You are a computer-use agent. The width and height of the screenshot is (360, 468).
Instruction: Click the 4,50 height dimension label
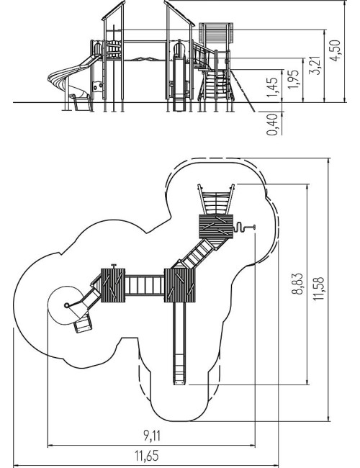click(336, 50)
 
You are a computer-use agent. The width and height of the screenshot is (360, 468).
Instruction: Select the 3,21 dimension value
click(315, 65)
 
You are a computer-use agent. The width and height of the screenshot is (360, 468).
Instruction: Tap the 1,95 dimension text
click(293, 79)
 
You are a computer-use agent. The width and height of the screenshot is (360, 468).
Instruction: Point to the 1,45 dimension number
click(272, 87)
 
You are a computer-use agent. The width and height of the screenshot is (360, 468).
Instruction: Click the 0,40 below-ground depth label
click(272, 124)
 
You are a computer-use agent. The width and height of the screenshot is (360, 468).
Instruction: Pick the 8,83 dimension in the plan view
click(297, 284)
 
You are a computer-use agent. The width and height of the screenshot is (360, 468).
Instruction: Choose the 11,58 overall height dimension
click(318, 288)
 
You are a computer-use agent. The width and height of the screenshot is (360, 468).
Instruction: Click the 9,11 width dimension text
click(152, 436)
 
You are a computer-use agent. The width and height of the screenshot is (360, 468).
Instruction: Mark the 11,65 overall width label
click(147, 456)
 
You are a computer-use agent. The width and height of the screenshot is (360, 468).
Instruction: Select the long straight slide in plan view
click(179, 343)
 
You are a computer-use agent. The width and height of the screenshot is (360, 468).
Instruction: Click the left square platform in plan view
click(113, 285)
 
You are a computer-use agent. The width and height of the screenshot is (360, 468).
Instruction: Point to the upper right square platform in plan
click(216, 226)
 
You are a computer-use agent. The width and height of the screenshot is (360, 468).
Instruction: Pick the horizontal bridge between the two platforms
click(145, 285)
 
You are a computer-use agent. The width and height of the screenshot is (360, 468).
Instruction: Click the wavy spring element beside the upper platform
click(239, 228)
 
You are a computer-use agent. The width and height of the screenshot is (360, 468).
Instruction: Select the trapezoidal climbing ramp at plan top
click(216, 199)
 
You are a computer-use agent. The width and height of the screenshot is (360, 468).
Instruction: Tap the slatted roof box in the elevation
click(216, 34)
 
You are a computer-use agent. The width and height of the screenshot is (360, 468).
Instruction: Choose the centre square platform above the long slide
click(180, 285)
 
